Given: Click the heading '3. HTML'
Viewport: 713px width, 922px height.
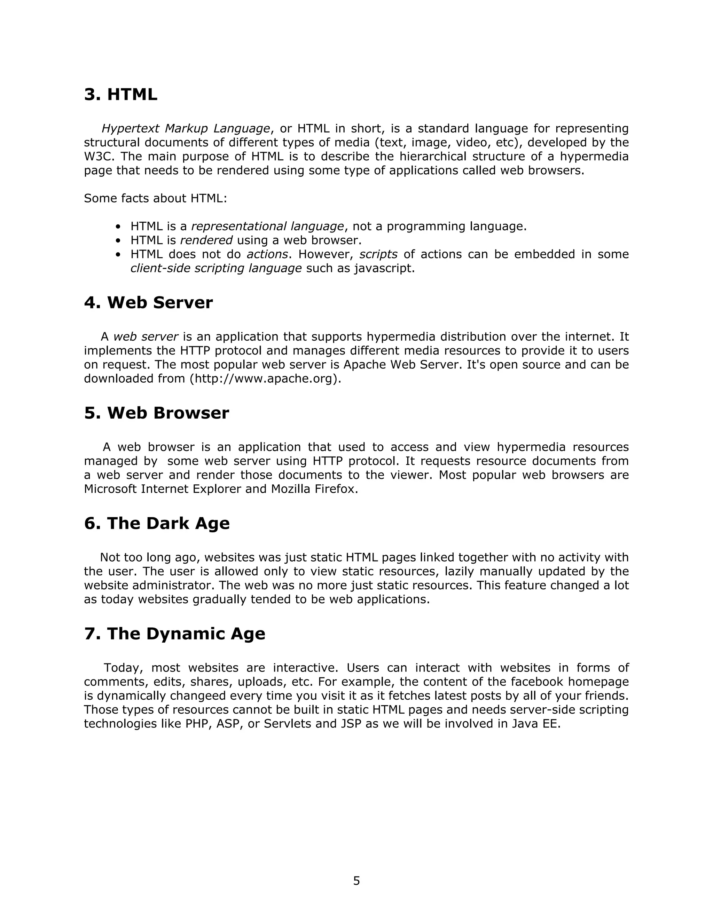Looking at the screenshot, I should click(x=120, y=94).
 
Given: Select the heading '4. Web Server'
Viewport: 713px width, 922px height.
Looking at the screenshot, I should click(x=148, y=303).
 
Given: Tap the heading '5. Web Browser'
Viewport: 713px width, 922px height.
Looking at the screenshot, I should click(x=156, y=413).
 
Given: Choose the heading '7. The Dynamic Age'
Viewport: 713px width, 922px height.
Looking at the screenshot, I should click(x=174, y=634).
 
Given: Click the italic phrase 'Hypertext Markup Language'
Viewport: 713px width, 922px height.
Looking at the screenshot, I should click(x=186, y=128).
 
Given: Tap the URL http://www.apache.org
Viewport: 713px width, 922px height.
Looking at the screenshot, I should click(x=265, y=379).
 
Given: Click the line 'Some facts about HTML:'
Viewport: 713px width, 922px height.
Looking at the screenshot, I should click(x=155, y=198).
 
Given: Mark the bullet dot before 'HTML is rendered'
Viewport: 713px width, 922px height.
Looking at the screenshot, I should click(x=118, y=241).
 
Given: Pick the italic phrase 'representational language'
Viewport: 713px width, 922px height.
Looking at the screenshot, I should click(x=267, y=227).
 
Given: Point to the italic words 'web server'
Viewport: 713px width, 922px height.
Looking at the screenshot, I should click(x=146, y=337).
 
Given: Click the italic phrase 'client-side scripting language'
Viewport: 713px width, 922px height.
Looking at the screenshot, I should click(x=216, y=269).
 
